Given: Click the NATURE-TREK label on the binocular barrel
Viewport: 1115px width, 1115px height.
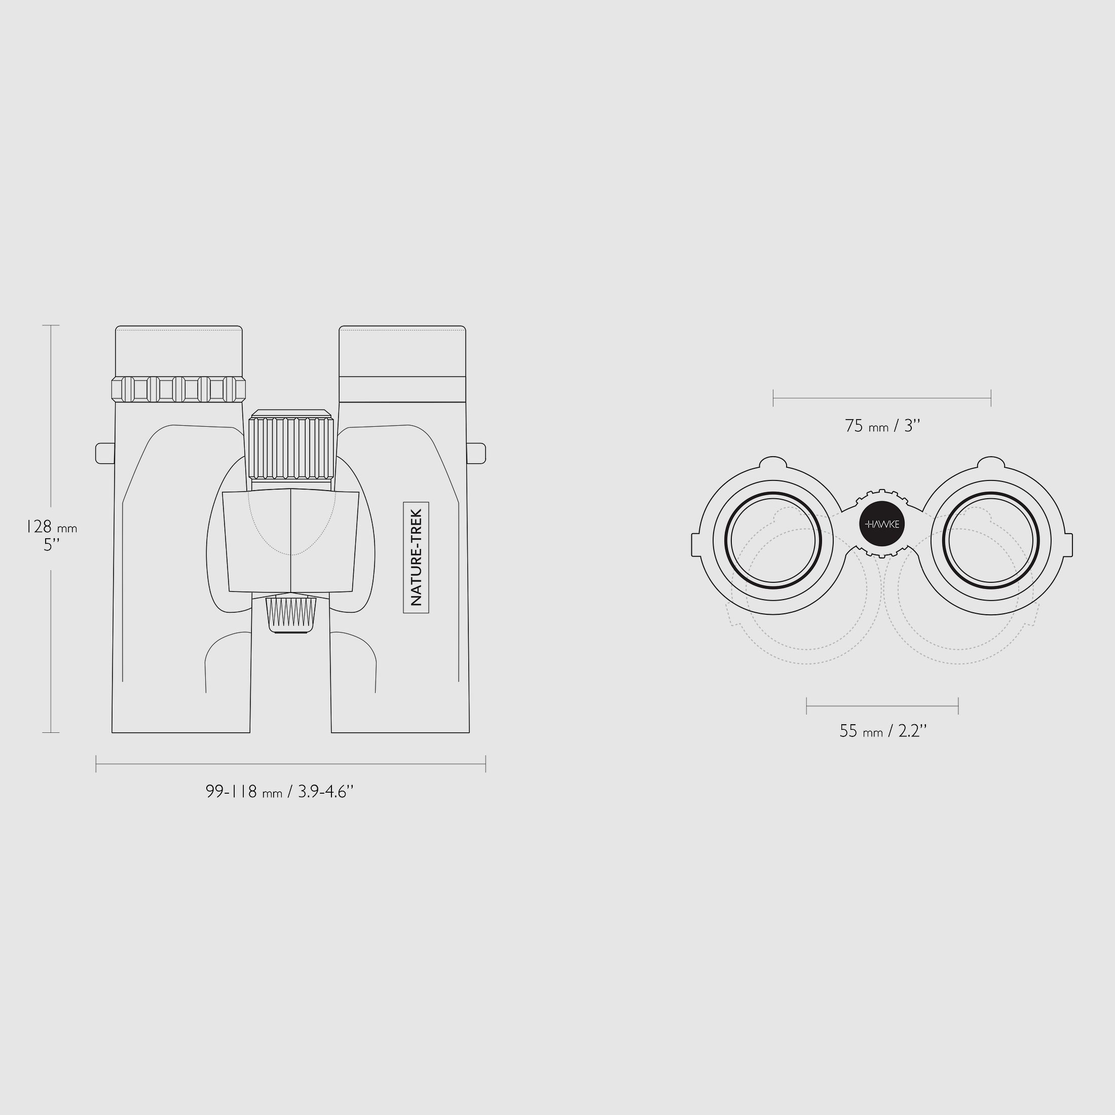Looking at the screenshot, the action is point(416,557).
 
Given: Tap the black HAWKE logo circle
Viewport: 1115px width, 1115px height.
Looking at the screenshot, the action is point(882,524).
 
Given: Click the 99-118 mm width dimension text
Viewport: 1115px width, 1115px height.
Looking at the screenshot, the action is point(279,791).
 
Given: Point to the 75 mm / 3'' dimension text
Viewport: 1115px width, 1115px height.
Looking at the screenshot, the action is point(882,426).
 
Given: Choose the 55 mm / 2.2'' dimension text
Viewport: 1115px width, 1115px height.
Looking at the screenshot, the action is point(883,731).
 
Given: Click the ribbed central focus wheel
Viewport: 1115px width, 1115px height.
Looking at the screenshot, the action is point(291,444).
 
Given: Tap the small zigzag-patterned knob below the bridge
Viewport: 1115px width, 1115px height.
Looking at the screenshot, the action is point(291,613).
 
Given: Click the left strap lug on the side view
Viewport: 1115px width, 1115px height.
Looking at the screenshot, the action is point(105,453).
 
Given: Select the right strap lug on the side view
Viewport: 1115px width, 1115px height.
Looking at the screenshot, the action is point(476,453).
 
